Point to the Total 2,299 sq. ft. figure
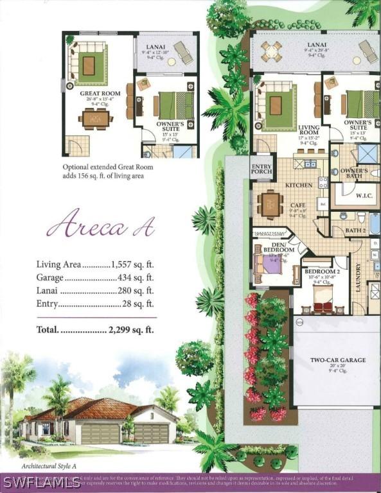tap(132, 329)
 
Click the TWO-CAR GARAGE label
tap(337, 361)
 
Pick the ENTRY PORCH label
tap(261, 168)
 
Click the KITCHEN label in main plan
tap(299, 185)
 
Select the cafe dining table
tap(269, 205)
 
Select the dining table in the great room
tap(94, 118)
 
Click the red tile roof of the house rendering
tap(103, 408)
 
